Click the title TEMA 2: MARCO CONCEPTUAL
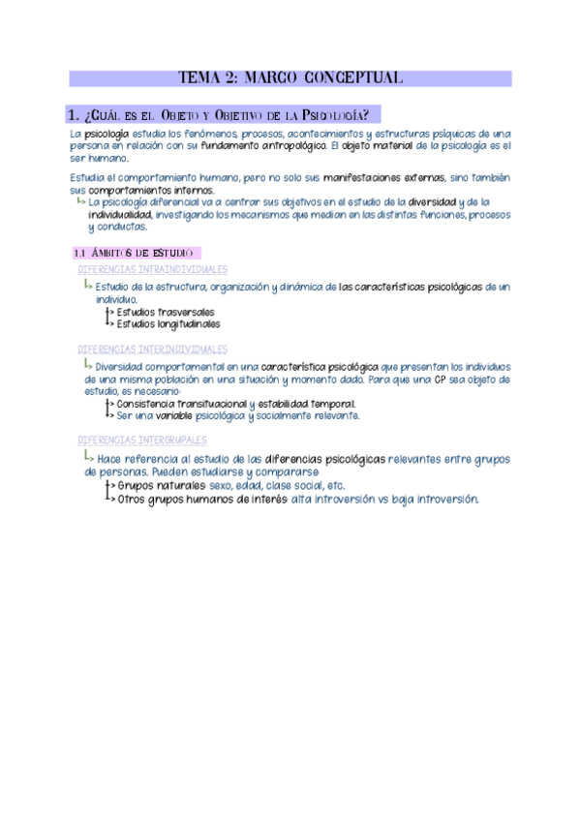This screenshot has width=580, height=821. tap(291, 78)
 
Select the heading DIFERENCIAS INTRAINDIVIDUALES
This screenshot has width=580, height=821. tap(151, 269)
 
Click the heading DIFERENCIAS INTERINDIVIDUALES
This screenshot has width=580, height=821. tap(152, 349)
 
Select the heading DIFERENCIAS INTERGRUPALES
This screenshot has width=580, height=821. tap(141, 440)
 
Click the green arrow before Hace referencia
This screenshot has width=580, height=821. tap(88, 458)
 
